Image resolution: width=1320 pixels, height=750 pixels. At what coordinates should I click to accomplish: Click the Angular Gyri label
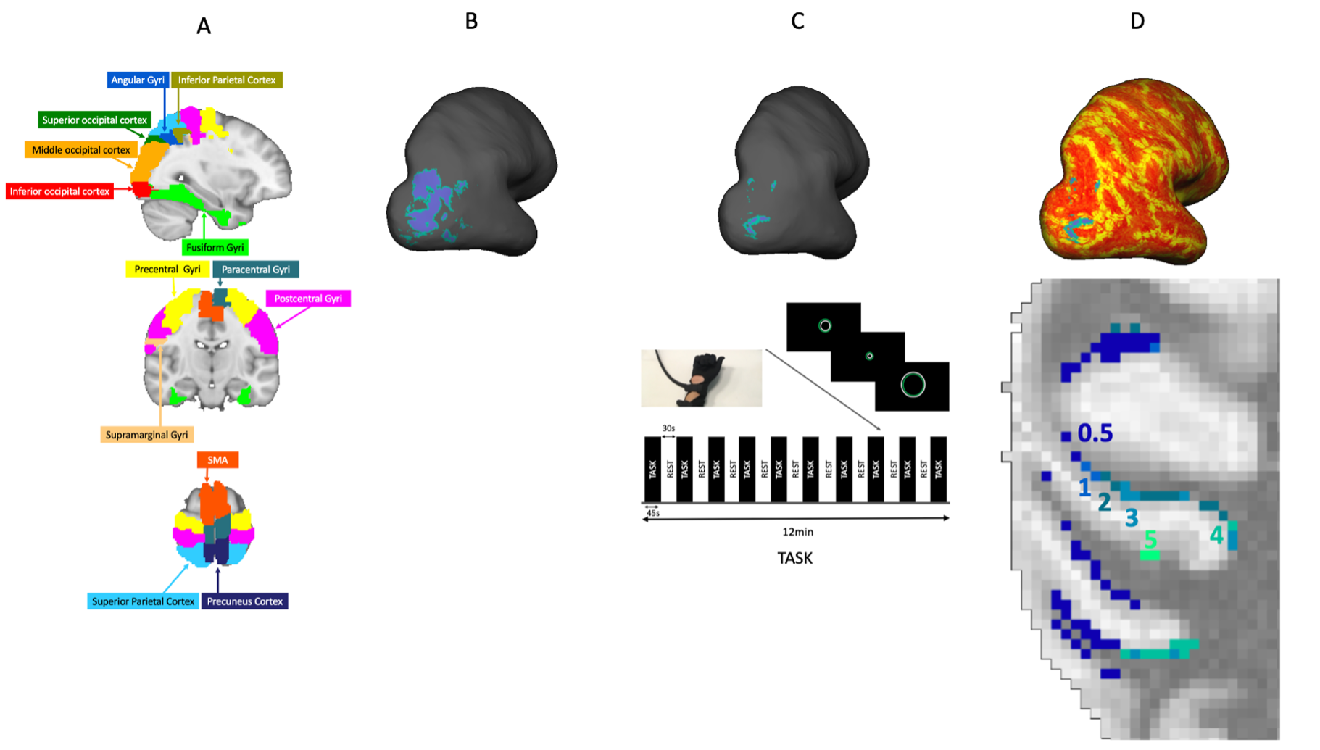tap(138, 80)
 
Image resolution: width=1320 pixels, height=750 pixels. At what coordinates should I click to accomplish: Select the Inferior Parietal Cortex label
tap(227, 80)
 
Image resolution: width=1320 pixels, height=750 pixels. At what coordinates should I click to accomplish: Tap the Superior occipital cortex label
tap(94, 120)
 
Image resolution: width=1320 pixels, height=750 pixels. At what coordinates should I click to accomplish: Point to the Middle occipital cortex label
tap(81, 150)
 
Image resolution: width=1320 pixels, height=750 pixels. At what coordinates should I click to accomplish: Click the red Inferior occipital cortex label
tap(59, 191)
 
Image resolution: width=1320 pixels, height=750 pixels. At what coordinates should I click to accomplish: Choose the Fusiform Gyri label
tap(215, 247)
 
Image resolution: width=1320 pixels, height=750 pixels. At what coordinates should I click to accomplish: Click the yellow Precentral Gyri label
tap(167, 270)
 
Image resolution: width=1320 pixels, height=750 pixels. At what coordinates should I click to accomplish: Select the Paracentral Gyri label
tap(255, 270)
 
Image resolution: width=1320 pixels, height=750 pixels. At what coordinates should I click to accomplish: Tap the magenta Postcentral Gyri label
tap(308, 299)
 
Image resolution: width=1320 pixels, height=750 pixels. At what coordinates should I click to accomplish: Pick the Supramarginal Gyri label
tap(146, 435)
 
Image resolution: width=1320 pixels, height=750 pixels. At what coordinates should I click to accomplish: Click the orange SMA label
tap(217, 460)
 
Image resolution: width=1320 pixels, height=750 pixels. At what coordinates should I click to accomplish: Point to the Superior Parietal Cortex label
tap(143, 601)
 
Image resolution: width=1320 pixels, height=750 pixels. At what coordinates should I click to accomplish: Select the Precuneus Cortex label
tap(244, 601)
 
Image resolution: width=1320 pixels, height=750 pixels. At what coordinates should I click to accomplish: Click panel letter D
tap(1137, 22)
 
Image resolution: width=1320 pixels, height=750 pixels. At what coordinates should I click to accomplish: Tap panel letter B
tap(471, 22)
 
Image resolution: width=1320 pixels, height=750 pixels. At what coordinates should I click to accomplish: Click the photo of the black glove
tap(701, 378)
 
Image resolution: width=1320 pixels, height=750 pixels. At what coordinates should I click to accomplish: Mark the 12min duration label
tap(797, 532)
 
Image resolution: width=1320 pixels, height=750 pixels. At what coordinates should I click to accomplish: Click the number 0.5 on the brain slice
tap(1095, 433)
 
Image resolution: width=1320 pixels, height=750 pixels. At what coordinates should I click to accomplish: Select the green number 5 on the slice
tap(1150, 540)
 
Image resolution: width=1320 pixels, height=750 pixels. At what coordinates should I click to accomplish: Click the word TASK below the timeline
tap(794, 558)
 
